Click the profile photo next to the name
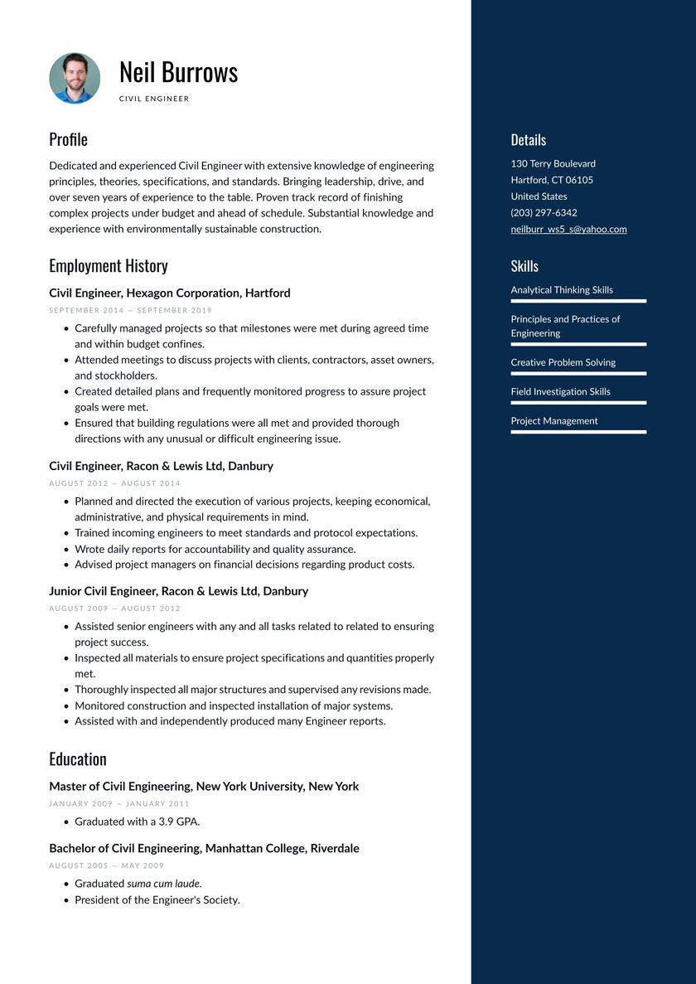pyautogui.click(x=75, y=79)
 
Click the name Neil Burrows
pyautogui.click(x=178, y=73)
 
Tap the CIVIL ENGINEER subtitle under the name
pyautogui.click(x=154, y=99)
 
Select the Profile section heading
pyautogui.click(x=68, y=139)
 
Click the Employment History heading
pyautogui.click(x=108, y=266)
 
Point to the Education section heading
pyautogui.click(x=78, y=759)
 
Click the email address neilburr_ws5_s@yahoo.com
pyautogui.click(x=568, y=229)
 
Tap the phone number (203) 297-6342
pyautogui.click(x=544, y=212)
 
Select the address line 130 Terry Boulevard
pyautogui.click(x=553, y=163)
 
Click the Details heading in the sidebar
pyautogui.click(x=528, y=140)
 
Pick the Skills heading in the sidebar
pyautogui.click(x=524, y=266)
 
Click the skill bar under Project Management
pyautogui.click(x=578, y=432)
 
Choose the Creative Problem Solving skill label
pyautogui.click(x=563, y=362)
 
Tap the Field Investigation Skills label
pyautogui.click(x=560, y=391)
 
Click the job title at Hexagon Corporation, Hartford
pyautogui.click(x=169, y=293)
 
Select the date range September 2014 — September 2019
pyautogui.click(x=130, y=310)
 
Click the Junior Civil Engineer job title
pyautogui.click(x=178, y=591)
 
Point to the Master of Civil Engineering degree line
pyautogui.click(x=203, y=786)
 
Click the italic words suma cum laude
pyautogui.click(x=164, y=884)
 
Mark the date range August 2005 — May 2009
pyautogui.click(x=106, y=865)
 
